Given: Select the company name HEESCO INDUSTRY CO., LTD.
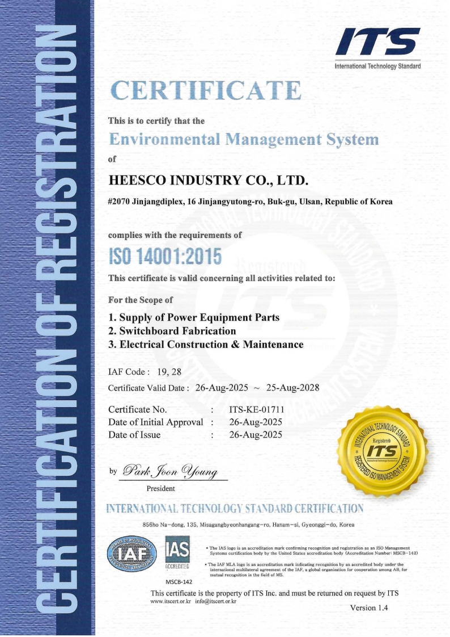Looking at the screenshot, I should coord(208,181).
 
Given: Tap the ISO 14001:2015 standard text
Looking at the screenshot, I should coord(164,258).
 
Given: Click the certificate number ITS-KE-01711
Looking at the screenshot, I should coord(256,409).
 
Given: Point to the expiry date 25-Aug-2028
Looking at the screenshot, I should coord(292,388).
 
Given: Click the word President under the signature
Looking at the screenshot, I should coord(161,488).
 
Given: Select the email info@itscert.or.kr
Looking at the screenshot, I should coord(215,601).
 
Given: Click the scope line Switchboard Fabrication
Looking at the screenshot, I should coord(172,331).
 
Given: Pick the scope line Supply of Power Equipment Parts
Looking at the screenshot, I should coord(193,317).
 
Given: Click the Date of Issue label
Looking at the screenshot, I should coord(134,435).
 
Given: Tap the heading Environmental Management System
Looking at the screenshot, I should coord(244,140).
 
